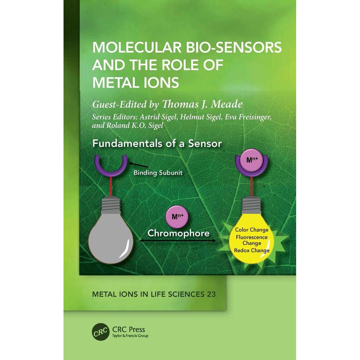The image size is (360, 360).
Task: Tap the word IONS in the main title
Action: pos(161,83)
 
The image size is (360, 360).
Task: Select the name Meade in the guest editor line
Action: pos(226,104)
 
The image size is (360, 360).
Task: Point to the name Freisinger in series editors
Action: pos(248,117)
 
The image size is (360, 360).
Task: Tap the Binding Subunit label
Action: pos(158,173)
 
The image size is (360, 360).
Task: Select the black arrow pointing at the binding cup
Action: pos(138,165)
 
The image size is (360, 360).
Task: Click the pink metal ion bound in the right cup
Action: pos(252,160)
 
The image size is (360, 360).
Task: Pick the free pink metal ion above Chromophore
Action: pos(178,217)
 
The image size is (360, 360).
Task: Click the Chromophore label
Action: pos(178,233)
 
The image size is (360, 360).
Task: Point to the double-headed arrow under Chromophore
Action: pos(178,241)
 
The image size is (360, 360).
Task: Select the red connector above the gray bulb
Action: pos(111,186)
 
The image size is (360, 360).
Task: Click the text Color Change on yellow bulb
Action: pos(252,230)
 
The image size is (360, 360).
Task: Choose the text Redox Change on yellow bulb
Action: pos(252,250)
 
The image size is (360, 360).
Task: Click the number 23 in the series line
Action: pos(211,294)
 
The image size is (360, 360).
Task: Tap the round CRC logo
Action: pos(101,332)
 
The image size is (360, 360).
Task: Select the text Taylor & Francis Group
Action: pos(130,336)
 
